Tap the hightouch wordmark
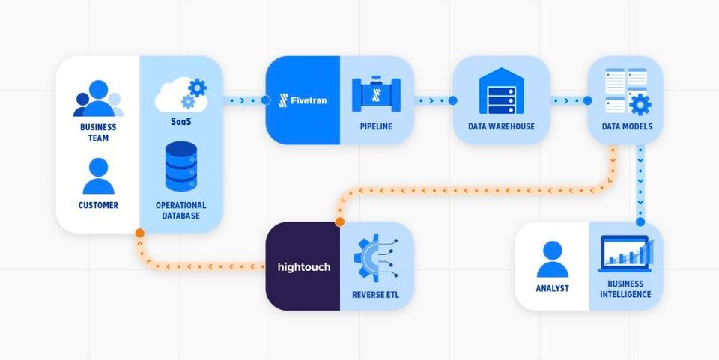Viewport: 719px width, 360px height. point(303,267)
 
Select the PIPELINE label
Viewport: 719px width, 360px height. point(376,126)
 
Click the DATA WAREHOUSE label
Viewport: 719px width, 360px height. point(501,126)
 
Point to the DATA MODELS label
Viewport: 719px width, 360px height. point(627,126)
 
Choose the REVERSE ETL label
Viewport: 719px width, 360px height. point(376,294)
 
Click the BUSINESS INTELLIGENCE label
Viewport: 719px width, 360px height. point(625,289)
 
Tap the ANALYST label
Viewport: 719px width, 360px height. point(552,288)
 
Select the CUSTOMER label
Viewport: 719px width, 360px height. point(98,204)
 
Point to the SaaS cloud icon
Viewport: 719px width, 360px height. point(180,95)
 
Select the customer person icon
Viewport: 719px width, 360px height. point(98,177)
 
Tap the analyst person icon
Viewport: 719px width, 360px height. point(552,260)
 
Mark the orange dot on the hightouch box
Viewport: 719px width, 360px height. point(339,222)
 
